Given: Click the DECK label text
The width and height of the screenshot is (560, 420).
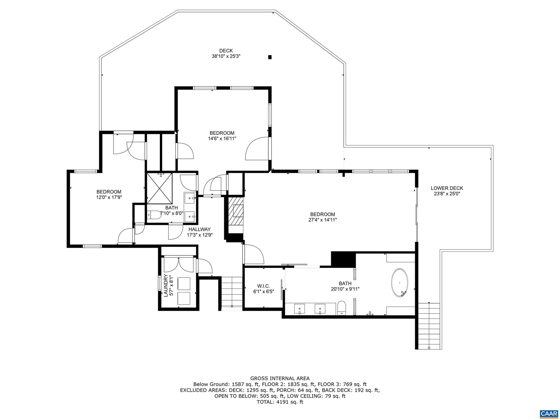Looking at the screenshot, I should (x=226, y=51).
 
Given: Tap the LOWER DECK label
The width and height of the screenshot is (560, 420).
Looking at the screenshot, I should (x=447, y=188).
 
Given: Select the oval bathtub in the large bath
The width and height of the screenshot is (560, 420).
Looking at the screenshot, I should (x=400, y=283).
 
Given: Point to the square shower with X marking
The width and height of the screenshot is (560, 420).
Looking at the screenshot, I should (x=160, y=188).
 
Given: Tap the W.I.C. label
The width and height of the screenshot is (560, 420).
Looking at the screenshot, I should (x=263, y=286).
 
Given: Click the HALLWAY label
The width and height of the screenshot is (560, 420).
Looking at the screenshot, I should (x=199, y=229).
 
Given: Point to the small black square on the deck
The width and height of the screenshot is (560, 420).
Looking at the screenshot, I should (x=270, y=57).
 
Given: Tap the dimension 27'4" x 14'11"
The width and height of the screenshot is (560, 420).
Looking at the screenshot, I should (x=322, y=220).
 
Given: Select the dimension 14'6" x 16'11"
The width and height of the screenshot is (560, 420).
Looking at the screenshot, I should (x=222, y=139).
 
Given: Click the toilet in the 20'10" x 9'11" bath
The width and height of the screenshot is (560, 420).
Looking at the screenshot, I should (x=342, y=308).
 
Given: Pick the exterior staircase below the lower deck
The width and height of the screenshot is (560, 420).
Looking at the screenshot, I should (x=429, y=325).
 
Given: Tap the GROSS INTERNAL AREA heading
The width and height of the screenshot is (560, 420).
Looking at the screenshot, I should (x=280, y=378).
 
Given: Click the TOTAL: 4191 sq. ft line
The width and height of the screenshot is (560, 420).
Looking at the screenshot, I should (x=280, y=402).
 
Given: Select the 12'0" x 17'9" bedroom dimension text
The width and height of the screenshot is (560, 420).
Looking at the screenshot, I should (x=109, y=197).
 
